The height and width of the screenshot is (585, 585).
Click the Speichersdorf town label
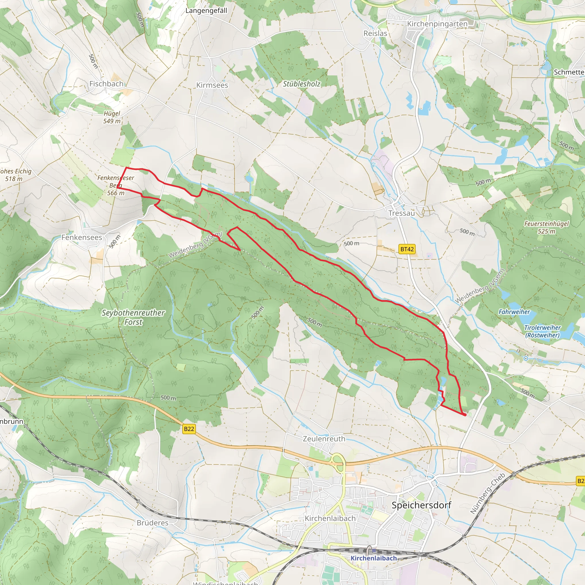coord(421,505)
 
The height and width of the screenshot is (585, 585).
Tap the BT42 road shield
coord(407,249)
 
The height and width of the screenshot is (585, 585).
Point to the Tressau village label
coord(402,213)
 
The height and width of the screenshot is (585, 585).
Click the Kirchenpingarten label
coord(437,24)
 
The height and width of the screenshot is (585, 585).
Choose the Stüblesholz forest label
coord(301,84)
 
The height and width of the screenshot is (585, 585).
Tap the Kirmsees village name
coord(212,85)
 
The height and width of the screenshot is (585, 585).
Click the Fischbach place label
coord(106,84)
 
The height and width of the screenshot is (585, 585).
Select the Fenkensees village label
coord(82,237)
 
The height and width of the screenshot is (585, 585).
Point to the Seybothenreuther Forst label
coord(133,317)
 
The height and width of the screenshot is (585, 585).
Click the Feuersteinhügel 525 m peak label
coord(546,227)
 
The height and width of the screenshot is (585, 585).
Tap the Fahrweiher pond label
coord(514,312)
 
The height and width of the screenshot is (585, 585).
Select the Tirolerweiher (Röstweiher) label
coord(542,331)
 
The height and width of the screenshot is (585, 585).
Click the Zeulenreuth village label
coord(324,439)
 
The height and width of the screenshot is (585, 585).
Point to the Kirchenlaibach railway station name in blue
coord(373,558)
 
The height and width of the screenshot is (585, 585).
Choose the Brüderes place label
coord(152,523)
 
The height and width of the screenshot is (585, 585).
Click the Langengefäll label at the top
coord(206,11)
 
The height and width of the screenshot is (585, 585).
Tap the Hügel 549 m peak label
coord(112,117)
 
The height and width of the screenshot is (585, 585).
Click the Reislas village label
coord(375,33)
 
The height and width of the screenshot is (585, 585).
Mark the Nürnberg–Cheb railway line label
coord(488,493)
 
